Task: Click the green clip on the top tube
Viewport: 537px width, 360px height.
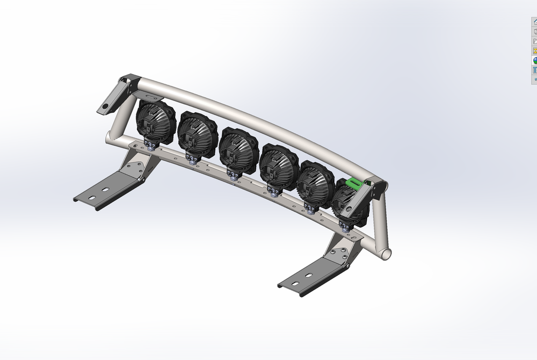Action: pyautogui.click(x=354, y=183)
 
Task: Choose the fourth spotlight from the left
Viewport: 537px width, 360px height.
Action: pyautogui.click(x=278, y=164)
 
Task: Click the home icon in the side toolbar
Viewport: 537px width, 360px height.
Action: pyautogui.click(x=535, y=22)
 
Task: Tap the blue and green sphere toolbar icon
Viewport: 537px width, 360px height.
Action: pyautogui.click(x=535, y=61)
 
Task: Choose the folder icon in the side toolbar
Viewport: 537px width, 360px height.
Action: pyautogui.click(x=535, y=41)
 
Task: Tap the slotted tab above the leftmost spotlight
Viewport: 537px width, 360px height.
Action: pyautogui.click(x=150, y=95)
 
